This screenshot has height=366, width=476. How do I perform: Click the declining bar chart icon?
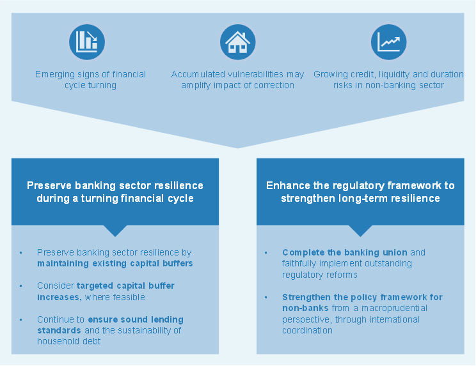pyautogui.click(x=86, y=42)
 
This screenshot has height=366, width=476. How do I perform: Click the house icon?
pyautogui.click(x=237, y=42)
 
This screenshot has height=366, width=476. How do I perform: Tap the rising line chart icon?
pyautogui.click(x=388, y=42)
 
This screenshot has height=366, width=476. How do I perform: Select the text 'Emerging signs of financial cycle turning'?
pyautogui.click(x=90, y=80)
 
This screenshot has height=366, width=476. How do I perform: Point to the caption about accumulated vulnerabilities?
pyautogui.click(x=237, y=80)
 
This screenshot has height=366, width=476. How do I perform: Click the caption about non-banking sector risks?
pyautogui.click(x=388, y=80)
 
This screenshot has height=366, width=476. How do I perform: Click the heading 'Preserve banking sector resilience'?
pyautogui.click(x=115, y=192)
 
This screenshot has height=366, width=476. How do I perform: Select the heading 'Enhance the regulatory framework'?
pyautogui.click(x=360, y=192)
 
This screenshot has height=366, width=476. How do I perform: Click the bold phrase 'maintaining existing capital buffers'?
pyautogui.click(x=115, y=263)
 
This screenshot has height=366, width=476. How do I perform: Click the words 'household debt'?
pyautogui.click(x=68, y=342)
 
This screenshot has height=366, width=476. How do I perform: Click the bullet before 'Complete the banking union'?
pyautogui.click(x=266, y=253)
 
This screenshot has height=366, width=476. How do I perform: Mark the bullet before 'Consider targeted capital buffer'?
pyautogui.click(x=21, y=286)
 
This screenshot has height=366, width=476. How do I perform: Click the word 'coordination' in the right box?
pyautogui.click(x=308, y=330)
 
